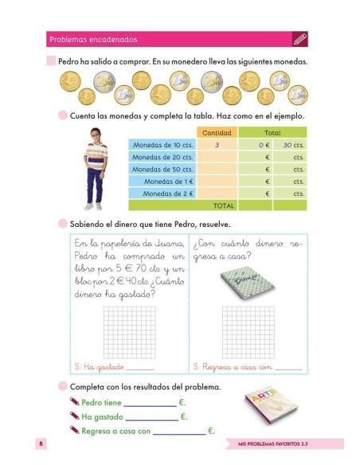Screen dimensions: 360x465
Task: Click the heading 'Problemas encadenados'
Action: pos(93,39)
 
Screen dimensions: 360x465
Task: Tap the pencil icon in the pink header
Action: pos(300,38)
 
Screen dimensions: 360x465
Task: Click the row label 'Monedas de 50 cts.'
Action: pos(163,170)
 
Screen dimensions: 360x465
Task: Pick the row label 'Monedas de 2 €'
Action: pos(168,193)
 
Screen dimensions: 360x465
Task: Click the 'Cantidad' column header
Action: pos(217,133)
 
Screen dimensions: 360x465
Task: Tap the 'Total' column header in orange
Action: pos(272,133)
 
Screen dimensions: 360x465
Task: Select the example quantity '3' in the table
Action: pos(217,146)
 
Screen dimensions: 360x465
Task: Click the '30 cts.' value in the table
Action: pos(293,146)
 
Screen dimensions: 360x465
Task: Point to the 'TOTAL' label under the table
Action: pos(224,205)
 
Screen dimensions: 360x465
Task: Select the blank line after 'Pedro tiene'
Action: pos(150,403)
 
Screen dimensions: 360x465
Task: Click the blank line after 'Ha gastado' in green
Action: pos(151,417)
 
